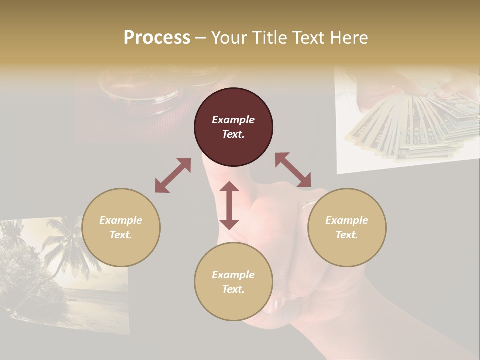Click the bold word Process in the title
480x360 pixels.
pos(157,38)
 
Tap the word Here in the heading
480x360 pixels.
pos(349,38)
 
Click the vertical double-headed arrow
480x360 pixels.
pos(229,205)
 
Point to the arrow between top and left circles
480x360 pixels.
pos(173,175)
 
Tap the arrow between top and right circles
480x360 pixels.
pos(293,170)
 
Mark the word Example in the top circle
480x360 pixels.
pos(233,120)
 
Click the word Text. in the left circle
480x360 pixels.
pos(121,235)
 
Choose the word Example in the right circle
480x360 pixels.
pos(347,220)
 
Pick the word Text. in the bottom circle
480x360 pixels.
pos(233,289)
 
